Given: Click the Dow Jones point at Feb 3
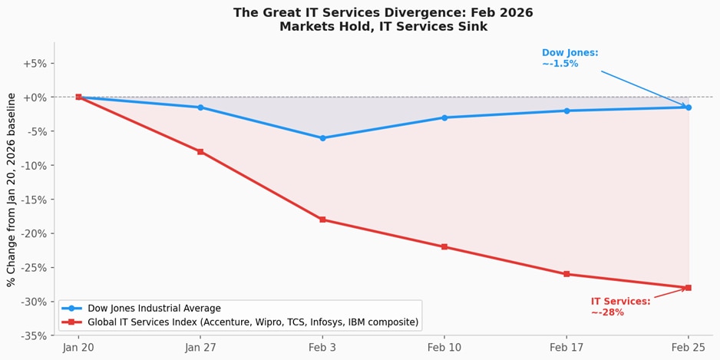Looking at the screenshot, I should (322, 138).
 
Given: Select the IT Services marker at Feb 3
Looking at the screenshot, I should (322, 220).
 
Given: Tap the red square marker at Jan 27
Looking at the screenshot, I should (200, 152).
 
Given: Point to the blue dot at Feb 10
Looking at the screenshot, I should (444, 117).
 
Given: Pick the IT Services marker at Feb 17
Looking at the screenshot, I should (566, 274).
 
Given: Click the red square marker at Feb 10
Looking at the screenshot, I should (444, 247).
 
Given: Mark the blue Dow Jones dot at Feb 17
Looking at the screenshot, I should (566, 111).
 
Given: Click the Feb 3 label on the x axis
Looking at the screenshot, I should (322, 348).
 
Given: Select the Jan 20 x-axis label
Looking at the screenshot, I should (78, 348).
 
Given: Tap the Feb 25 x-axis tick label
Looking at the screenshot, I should (688, 348).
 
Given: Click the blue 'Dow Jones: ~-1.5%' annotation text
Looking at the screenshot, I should (570, 58).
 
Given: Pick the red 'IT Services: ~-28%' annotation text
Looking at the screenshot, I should (620, 307).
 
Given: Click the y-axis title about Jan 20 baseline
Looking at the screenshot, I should (12, 190).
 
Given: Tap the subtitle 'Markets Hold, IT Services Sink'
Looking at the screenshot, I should (383, 27).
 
